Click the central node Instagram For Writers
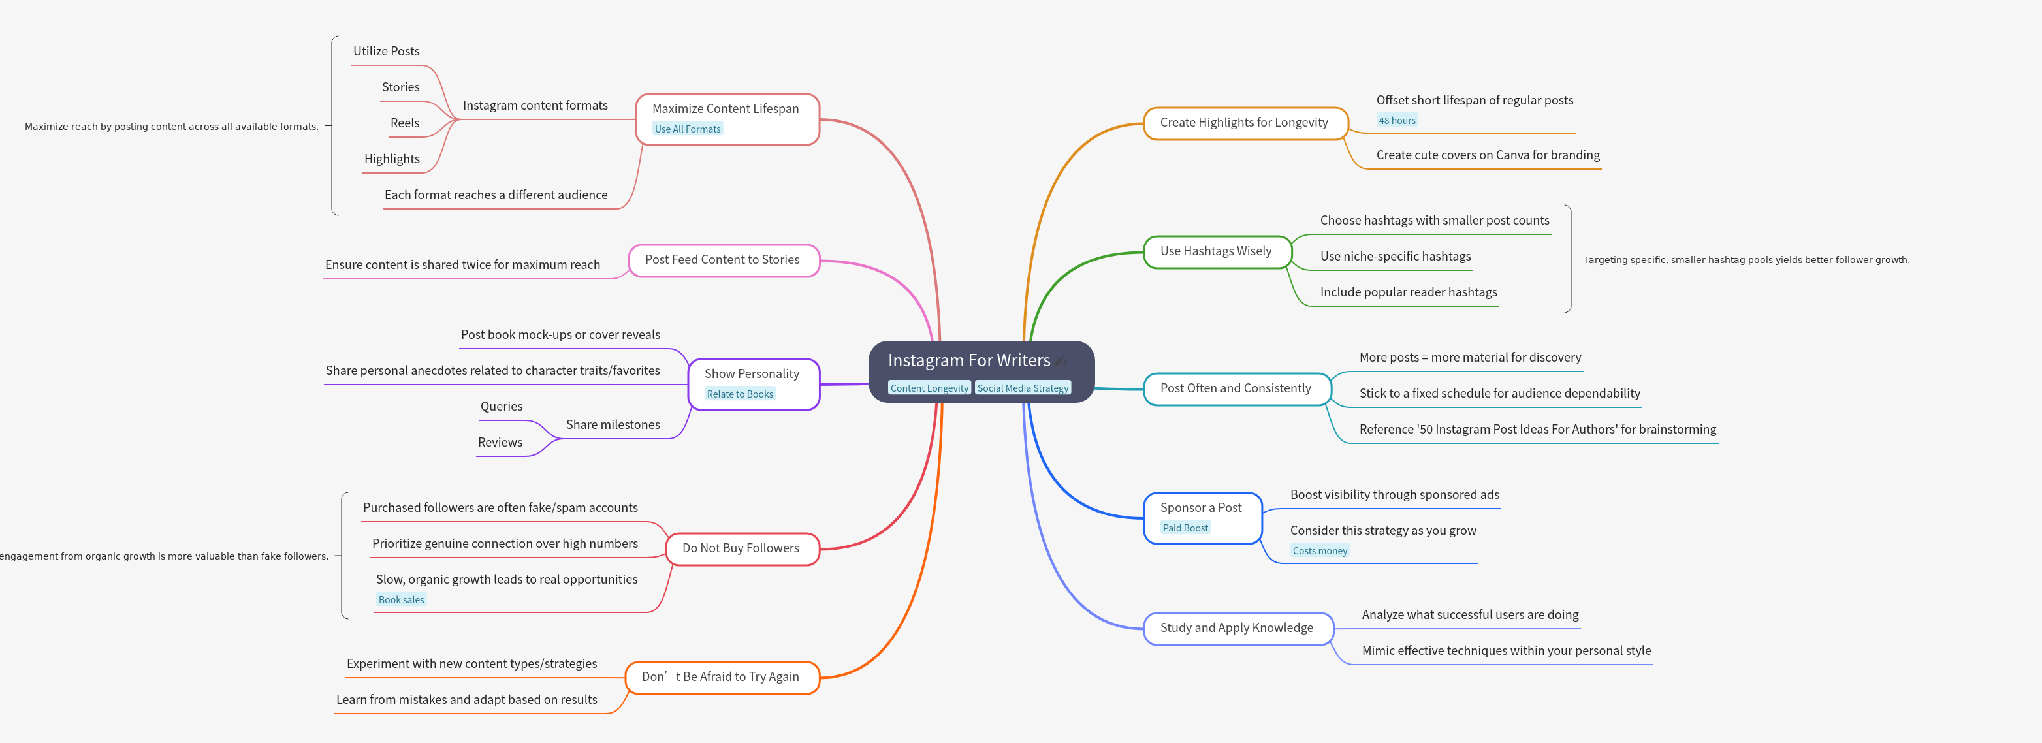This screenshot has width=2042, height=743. point(968,361)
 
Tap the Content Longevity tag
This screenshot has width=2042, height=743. point(929,388)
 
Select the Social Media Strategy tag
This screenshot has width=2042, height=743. point(1023,388)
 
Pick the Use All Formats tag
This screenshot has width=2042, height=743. point(687,129)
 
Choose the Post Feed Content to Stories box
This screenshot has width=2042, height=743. point(722,260)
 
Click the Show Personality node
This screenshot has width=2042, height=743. point(752,374)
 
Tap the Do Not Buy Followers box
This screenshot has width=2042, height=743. point(741,548)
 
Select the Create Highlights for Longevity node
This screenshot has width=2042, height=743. point(1244,123)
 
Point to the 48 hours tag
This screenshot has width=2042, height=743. point(1397,121)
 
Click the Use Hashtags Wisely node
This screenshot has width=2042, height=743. point(1215,251)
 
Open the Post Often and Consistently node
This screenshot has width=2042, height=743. point(1235,388)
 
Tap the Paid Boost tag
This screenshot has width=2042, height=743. point(1185,528)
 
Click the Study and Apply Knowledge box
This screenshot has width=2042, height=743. point(1237,628)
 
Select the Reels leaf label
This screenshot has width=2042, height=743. point(404,123)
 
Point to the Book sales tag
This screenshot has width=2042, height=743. point(401,600)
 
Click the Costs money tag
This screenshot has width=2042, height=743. point(1320,551)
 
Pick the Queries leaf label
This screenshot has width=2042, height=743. point(501,407)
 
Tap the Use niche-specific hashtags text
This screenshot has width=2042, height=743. point(1395,256)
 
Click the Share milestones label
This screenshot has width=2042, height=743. point(613,425)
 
